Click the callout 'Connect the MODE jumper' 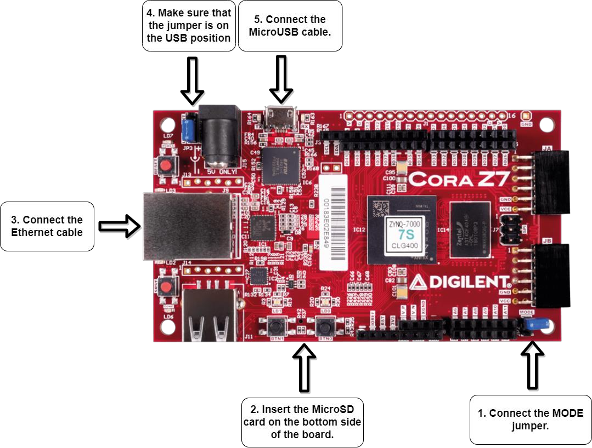pos(530,420)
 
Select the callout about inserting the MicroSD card pos(302,422)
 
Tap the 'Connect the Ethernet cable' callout pos(47,226)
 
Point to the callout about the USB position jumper pos(189,25)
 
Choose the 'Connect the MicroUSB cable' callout pos(290,26)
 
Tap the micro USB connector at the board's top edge pos(280,118)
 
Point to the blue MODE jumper pos(530,325)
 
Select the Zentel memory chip pos(472,229)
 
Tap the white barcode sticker pos(333,222)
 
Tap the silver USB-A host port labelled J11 pos(212,316)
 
